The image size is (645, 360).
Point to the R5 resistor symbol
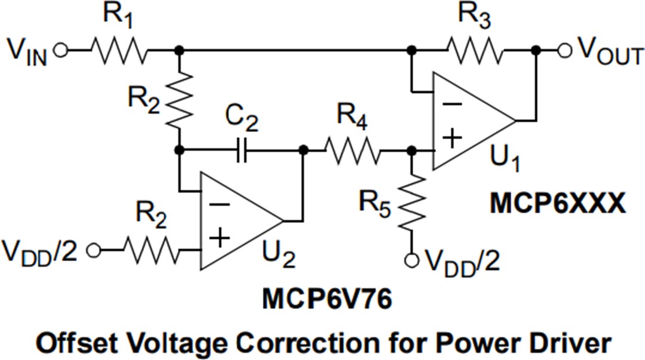tap(411, 203)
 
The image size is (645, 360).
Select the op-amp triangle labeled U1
tap(472, 120)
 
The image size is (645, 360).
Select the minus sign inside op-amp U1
tap(453, 103)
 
